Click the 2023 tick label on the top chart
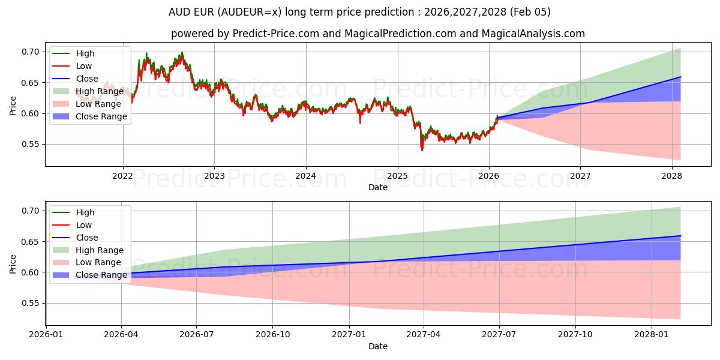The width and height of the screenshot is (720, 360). tap(214, 176)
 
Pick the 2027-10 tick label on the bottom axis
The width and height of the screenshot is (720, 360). tap(575, 335)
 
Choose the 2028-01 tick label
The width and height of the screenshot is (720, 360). tap(651, 335)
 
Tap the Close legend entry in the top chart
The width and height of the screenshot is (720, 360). tap(87, 79)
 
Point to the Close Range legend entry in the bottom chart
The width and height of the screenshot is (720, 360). tap(101, 275)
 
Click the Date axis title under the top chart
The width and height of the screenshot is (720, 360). tap(378, 187)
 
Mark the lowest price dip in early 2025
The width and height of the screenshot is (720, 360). tap(422, 150)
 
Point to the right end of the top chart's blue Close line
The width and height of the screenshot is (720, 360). tap(680, 77)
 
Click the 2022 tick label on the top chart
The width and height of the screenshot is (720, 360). tap(123, 176)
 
